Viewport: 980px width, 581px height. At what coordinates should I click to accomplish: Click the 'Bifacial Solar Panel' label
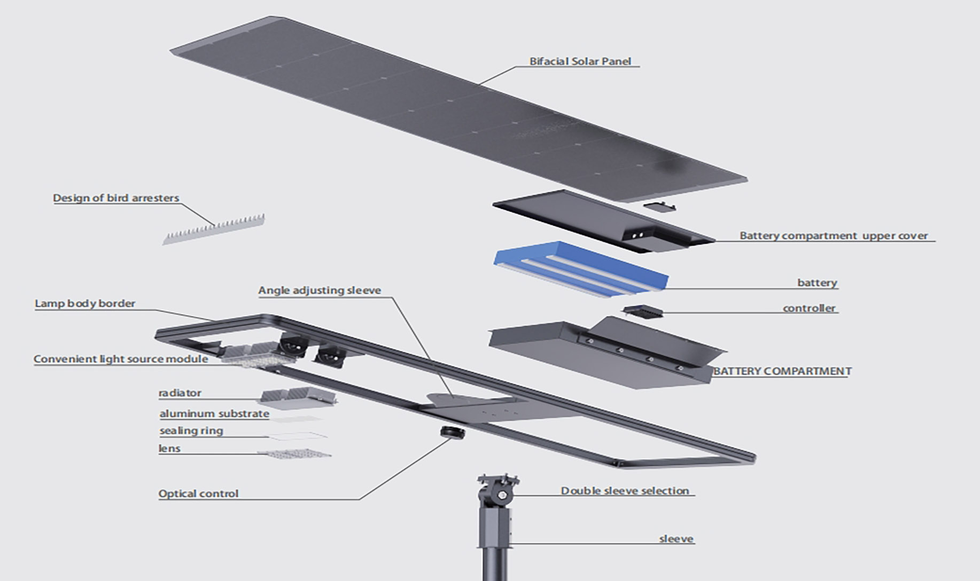click(580, 61)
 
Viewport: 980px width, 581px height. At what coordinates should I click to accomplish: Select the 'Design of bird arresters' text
click(116, 198)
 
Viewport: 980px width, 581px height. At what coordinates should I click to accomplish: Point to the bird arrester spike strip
click(214, 230)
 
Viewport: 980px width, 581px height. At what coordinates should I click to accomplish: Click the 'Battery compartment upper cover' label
click(833, 235)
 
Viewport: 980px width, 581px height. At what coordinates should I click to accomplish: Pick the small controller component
click(643, 311)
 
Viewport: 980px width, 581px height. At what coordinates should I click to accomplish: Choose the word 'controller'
click(809, 308)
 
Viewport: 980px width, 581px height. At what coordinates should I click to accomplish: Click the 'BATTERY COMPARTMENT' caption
click(782, 371)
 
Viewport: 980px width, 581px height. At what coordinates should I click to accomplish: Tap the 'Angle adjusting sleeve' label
click(320, 290)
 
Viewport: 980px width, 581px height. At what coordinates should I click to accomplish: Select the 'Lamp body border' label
click(85, 304)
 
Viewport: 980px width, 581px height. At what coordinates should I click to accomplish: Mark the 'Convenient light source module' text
click(121, 359)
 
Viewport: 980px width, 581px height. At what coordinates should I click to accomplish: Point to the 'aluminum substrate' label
click(214, 414)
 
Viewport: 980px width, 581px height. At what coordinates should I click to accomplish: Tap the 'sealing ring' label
click(191, 431)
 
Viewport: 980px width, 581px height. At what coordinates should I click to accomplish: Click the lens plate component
click(294, 454)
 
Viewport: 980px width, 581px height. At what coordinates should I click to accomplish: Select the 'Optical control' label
click(198, 494)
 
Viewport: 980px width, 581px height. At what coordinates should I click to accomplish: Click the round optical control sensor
click(452, 431)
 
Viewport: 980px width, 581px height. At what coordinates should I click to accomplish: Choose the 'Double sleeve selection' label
click(625, 491)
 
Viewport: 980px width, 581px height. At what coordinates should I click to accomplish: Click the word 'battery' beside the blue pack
click(817, 282)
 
